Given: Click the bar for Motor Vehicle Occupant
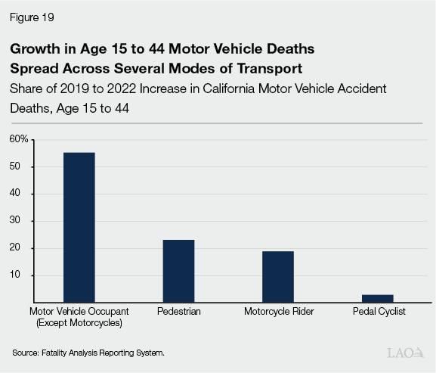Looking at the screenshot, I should pyautogui.click(x=79, y=227).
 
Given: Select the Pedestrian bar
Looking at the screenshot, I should pyautogui.click(x=178, y=271).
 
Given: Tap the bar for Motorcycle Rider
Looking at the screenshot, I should pyautogui.click(x=277, y=276).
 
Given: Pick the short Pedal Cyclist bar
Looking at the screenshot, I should pyautogui.click(x=377, y=298).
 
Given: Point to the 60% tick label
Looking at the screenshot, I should pyautogui.click(x=19, y=139).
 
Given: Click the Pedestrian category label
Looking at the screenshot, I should pyautogui.click(x=178, y=312).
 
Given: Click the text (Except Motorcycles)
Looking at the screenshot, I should pyautogui.click(x=79, y=324).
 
